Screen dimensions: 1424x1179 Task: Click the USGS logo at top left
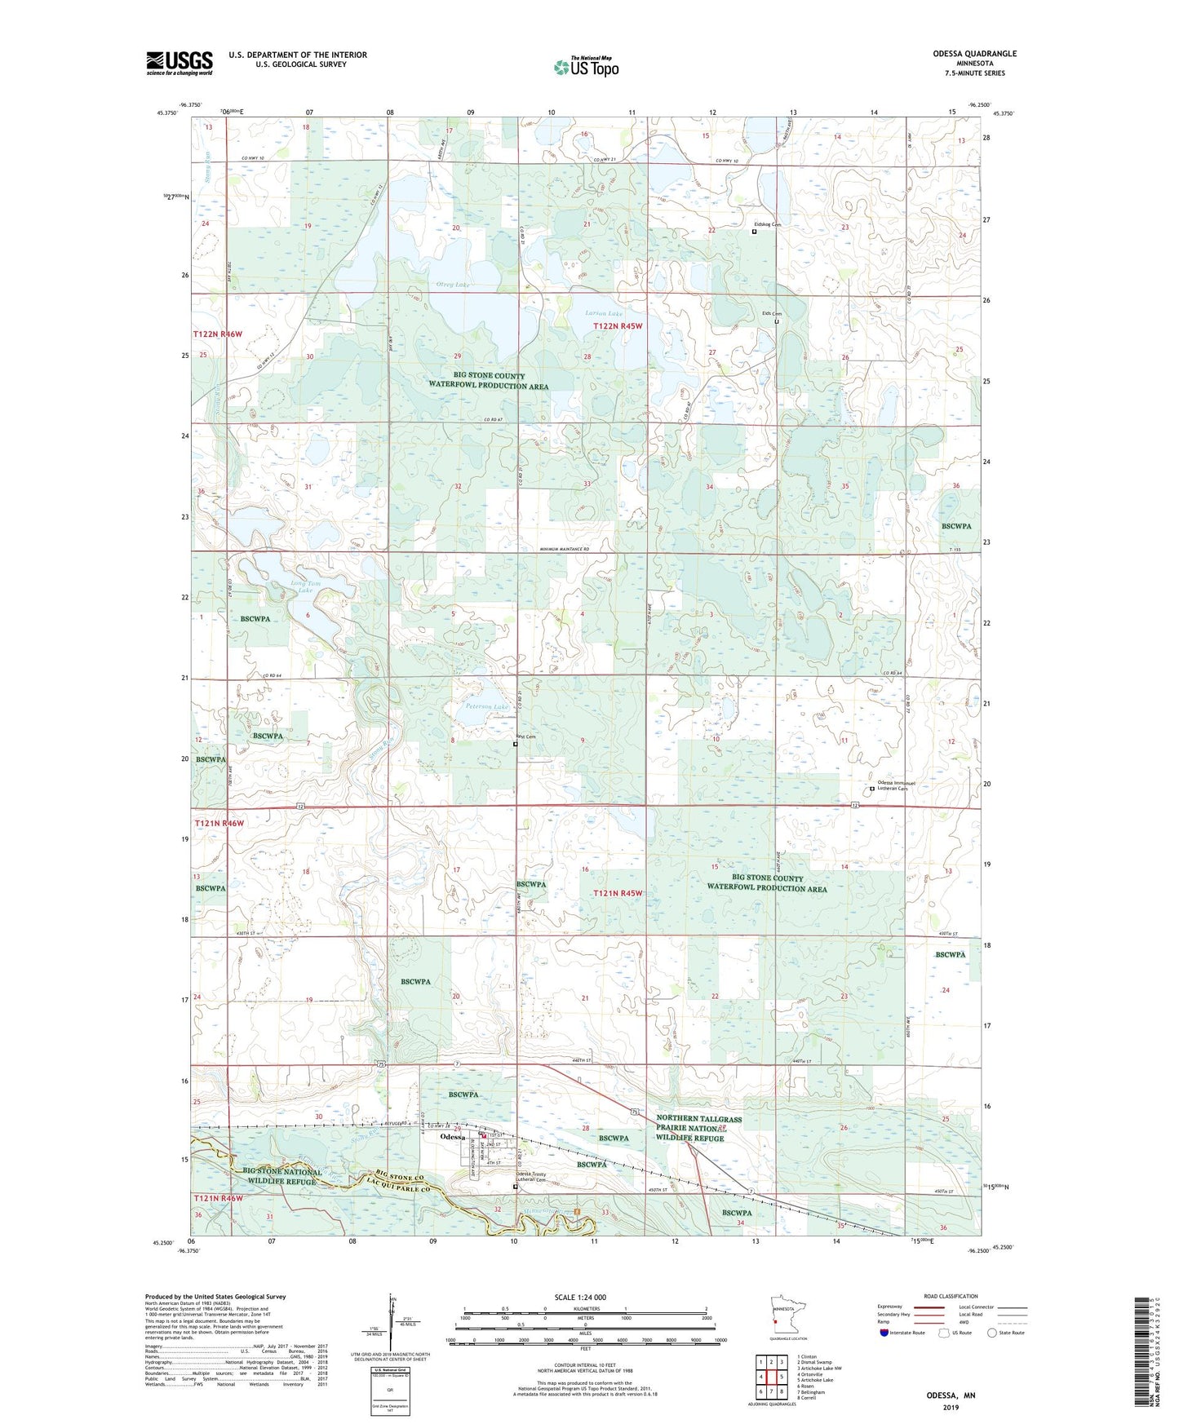[179, 62]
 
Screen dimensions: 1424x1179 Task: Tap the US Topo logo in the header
[586, 67]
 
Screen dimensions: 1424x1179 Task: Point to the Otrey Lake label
[453, 285]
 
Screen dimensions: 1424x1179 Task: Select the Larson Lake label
[604, 313]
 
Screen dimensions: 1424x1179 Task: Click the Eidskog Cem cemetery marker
[754, 232]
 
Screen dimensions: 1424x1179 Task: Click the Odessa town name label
[452, 1137]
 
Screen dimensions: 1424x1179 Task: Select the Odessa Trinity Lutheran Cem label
[530, 1178]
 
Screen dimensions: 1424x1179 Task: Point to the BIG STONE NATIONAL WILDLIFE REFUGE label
[282, 1176]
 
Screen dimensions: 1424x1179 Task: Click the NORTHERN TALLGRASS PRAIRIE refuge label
[699, 1129]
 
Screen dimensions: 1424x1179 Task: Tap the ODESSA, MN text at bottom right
[951, 1395]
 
